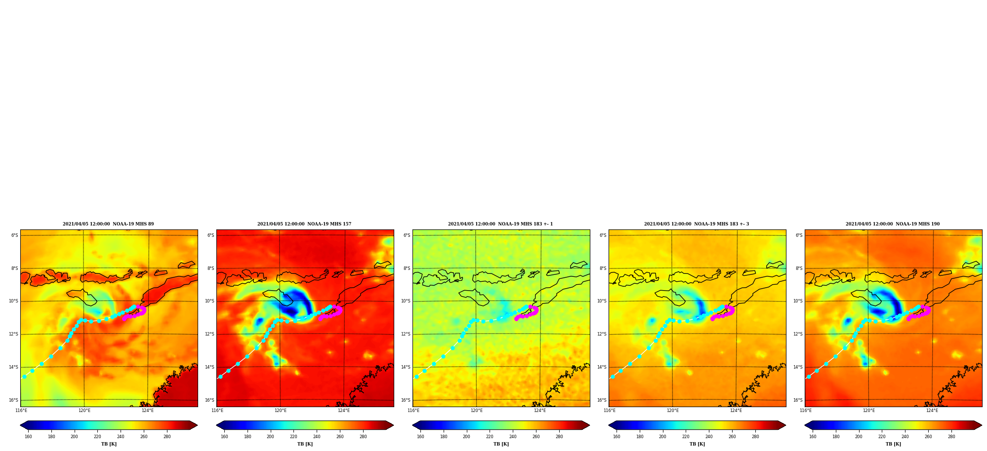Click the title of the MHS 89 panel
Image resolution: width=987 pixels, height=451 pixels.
108,224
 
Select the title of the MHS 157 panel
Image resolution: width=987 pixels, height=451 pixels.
304,224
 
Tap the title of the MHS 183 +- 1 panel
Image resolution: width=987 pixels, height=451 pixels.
500,224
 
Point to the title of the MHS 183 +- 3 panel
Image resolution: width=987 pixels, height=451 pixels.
697,224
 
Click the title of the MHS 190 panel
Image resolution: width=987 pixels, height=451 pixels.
893,224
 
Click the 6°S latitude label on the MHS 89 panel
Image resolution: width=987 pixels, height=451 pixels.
15,235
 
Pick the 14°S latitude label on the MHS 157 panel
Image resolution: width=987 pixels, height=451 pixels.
209,367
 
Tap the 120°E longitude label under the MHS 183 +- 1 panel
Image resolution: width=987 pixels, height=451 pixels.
477,411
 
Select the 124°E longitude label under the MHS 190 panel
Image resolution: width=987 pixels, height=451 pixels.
932,411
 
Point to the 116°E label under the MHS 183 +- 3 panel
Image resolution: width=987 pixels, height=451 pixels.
610,411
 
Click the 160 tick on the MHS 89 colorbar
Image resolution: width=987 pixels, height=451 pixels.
28,437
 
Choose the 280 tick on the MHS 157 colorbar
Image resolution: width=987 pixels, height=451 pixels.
363,437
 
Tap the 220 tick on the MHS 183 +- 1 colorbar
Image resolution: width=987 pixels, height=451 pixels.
490,437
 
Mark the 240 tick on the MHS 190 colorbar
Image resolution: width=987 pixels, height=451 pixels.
905,437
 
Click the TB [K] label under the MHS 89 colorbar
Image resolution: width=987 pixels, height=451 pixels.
109,444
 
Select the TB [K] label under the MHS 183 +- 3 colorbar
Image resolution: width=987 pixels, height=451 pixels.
697,444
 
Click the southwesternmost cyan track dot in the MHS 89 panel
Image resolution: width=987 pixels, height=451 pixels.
24,376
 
